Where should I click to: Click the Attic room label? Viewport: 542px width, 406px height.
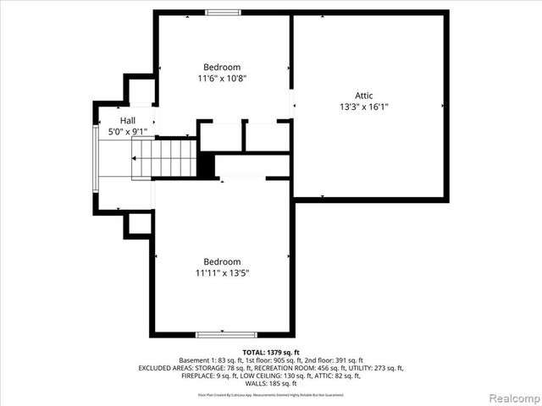[363, 96]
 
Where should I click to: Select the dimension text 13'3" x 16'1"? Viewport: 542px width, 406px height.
[363, 107]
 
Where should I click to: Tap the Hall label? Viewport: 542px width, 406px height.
[127, 121]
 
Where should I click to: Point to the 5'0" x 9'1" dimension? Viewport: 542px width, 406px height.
[127, 132]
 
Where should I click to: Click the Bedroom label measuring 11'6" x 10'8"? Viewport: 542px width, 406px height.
[222, 67]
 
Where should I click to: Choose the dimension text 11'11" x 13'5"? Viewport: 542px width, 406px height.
[222, 273]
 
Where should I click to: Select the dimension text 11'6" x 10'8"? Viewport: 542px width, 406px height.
[222, 79]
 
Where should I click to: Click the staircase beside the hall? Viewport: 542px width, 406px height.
[164, 158]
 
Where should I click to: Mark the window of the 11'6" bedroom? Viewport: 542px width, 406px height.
[223, 12]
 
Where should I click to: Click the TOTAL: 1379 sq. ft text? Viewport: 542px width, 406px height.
[271, 352]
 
